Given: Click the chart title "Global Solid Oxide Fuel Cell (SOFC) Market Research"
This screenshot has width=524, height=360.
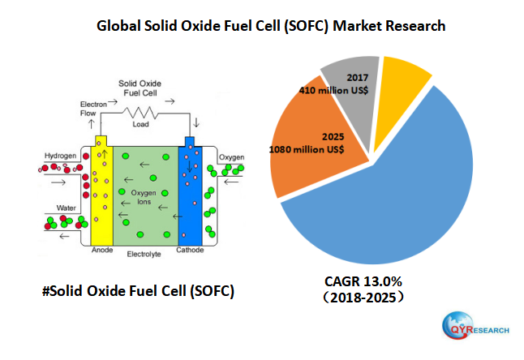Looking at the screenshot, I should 270,26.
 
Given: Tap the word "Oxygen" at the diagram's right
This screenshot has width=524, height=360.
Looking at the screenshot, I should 231,156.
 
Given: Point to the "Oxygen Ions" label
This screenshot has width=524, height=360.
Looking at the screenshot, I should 144,195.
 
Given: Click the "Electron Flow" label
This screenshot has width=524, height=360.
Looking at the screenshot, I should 92,109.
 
